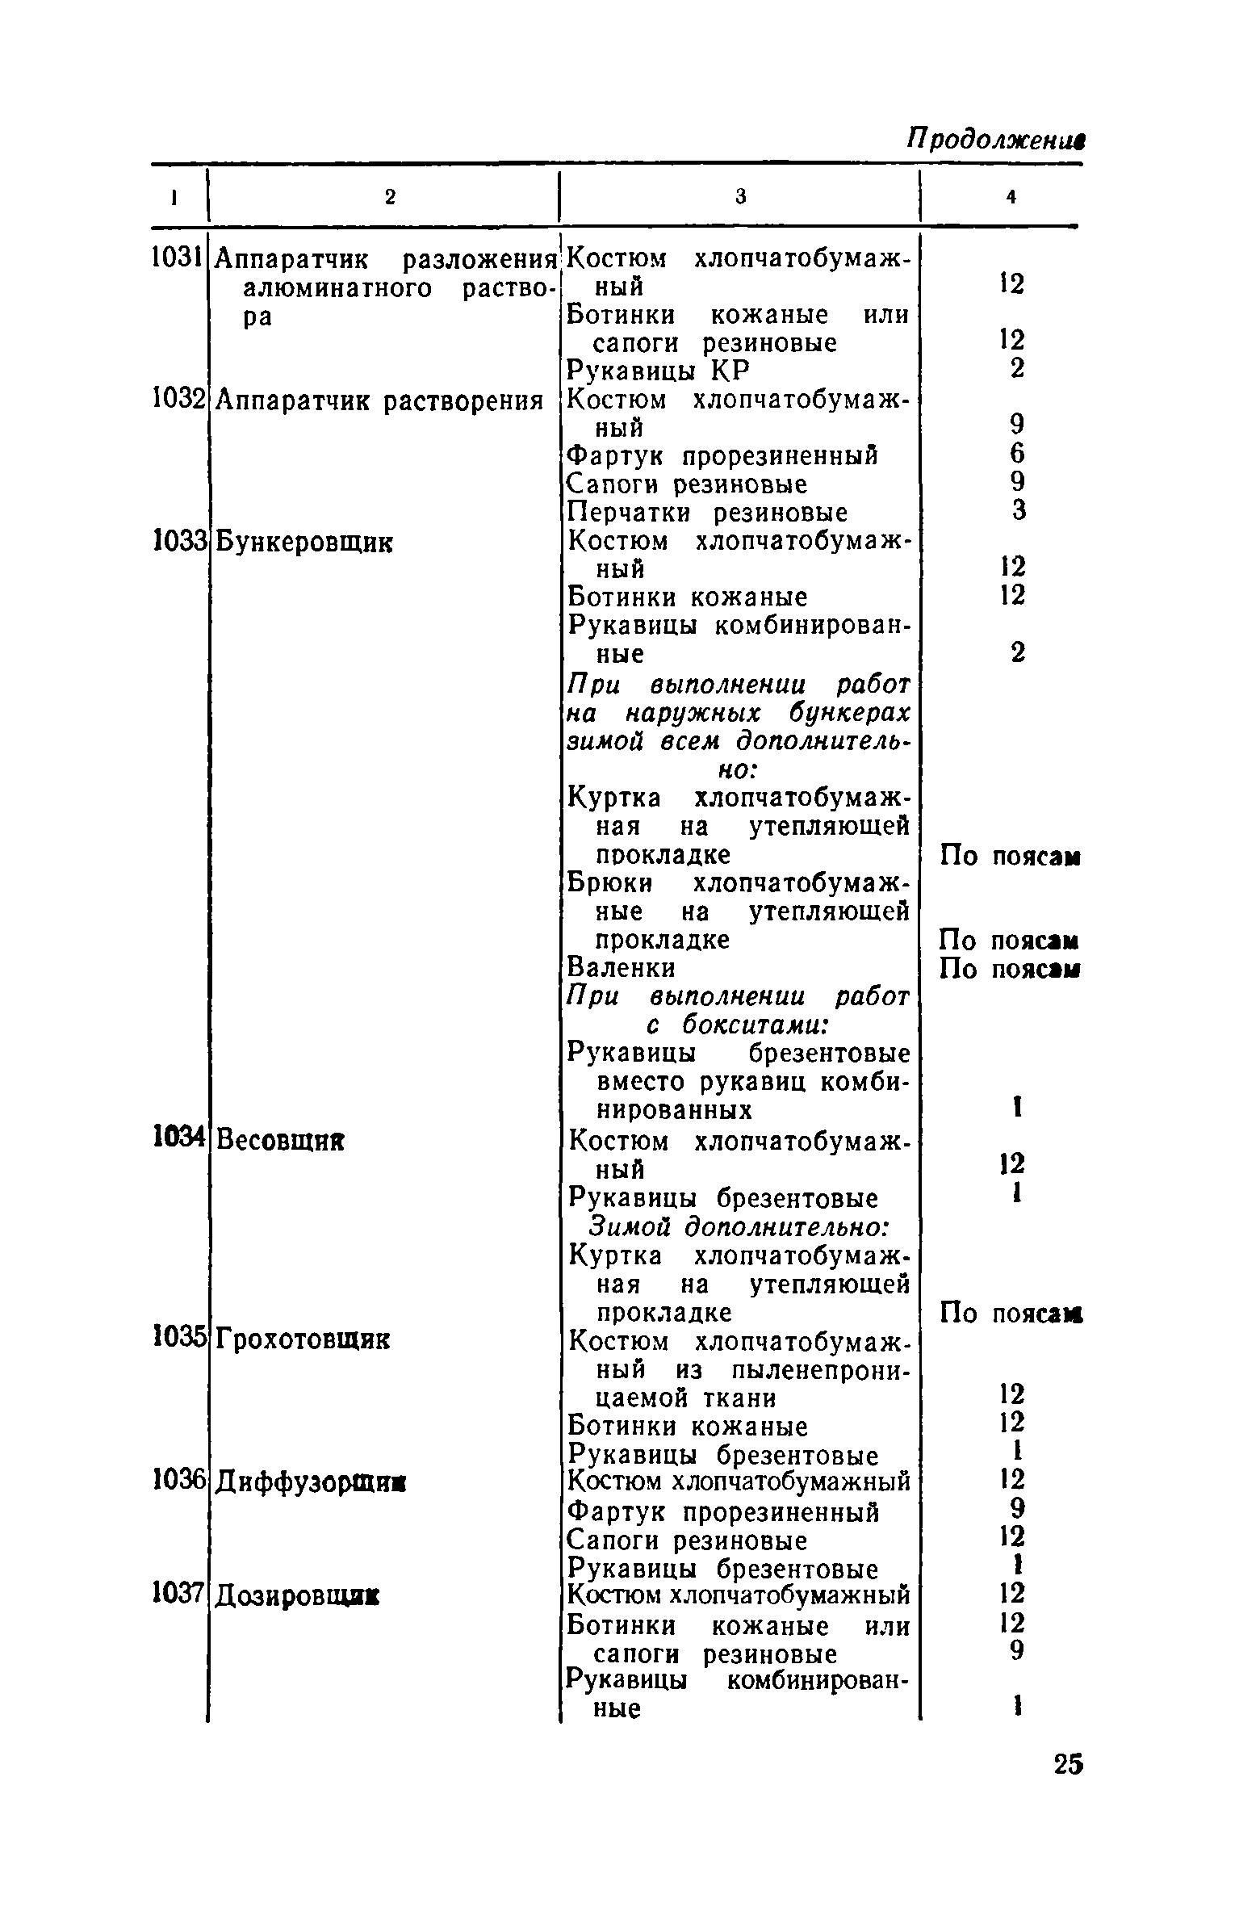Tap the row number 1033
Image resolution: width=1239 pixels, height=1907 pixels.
[177, 540]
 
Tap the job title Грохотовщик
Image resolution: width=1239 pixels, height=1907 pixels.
[302, 1340]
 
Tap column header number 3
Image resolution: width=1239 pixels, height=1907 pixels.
[740, 196]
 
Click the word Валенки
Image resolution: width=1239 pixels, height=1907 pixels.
[622, 966]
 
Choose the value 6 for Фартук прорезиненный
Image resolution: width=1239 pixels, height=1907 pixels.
[1018, 454]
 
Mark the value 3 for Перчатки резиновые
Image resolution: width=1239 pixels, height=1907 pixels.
[1019, 510]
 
